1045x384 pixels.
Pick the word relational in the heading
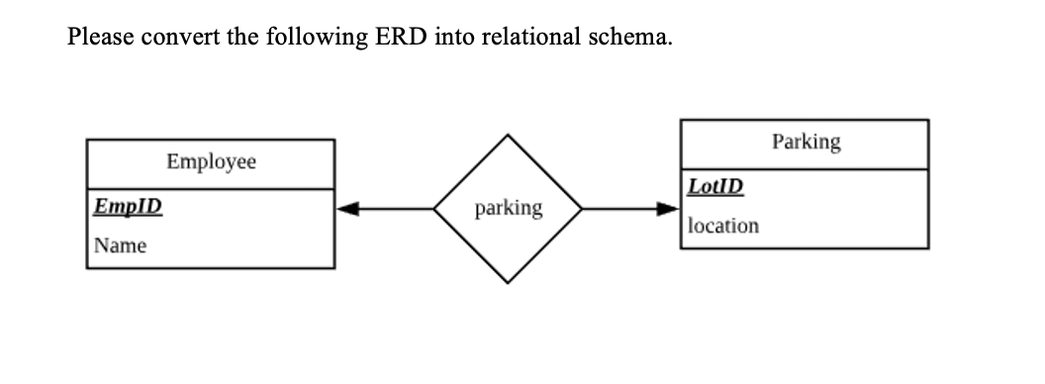pyautogui.click(x=529, y=38)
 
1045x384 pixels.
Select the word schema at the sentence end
pyautogui.click(x=625, y=38)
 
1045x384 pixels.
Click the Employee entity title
pyautogui.click(x=211, y=161)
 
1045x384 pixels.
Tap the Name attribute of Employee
pyautogui.click(x=120, y=244)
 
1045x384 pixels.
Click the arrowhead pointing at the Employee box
pyautogui.click(x=345, y=209)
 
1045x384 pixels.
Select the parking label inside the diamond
pyautogui.click(x=509, y=209)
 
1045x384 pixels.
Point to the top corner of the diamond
pyautogui.click(x=509, y=136)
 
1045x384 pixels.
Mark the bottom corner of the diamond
pyautogui.click(x=509, y=282)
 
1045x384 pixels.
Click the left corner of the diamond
pyautogui.click(x=435, y=209)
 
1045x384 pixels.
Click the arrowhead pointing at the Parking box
pyautogui.click(x=672, y=209)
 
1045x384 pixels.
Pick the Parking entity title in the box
pyautogui.click(x=806, y=142)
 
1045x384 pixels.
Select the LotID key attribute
pyautogui.click(x=715, y=186)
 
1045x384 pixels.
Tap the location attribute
pyautogui.click(x=723, y=226)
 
